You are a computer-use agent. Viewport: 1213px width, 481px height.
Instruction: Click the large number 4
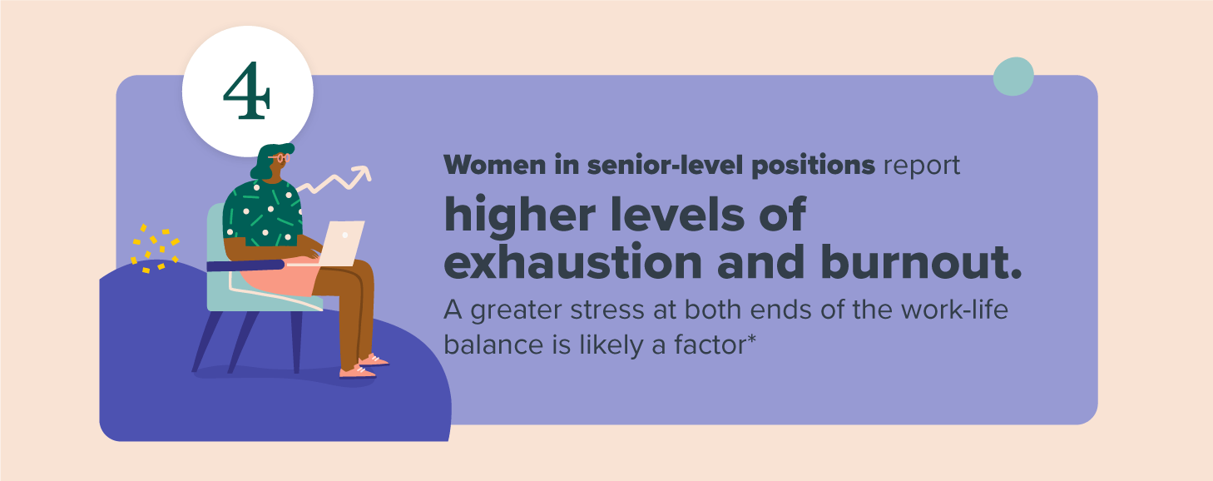(x=247, y=91)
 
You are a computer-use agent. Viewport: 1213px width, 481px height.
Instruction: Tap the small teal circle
(x=1013, y=77)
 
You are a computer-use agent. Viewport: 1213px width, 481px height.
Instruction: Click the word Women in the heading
(x=495, y=165)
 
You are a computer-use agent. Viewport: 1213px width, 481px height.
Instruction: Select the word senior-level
(x=666, y=165)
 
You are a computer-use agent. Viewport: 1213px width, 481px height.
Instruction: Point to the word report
(x=922, y=166)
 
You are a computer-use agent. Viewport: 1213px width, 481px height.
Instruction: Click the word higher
(x=520, y=215)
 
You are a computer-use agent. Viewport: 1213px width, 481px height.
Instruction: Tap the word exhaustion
(x=573, y=261)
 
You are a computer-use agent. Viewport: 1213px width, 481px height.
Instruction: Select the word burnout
(x=921, y=261)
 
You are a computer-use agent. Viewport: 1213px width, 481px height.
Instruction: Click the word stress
(x=609, y=310)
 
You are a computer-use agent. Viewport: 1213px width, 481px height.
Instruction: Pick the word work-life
(x=955, y=310)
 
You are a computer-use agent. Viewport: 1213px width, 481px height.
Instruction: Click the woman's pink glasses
(x=280, y=158)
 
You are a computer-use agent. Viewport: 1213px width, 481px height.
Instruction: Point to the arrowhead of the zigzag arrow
(x=363, y=173)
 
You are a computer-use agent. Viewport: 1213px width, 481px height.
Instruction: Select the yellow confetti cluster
(x=155, y=249)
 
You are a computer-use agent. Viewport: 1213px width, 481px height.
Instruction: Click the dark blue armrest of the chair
(x=246, y=265)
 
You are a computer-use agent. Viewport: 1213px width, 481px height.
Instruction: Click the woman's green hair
(x=268, y=161)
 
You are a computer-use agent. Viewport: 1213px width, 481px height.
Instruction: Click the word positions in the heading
(x=814, y=166)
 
